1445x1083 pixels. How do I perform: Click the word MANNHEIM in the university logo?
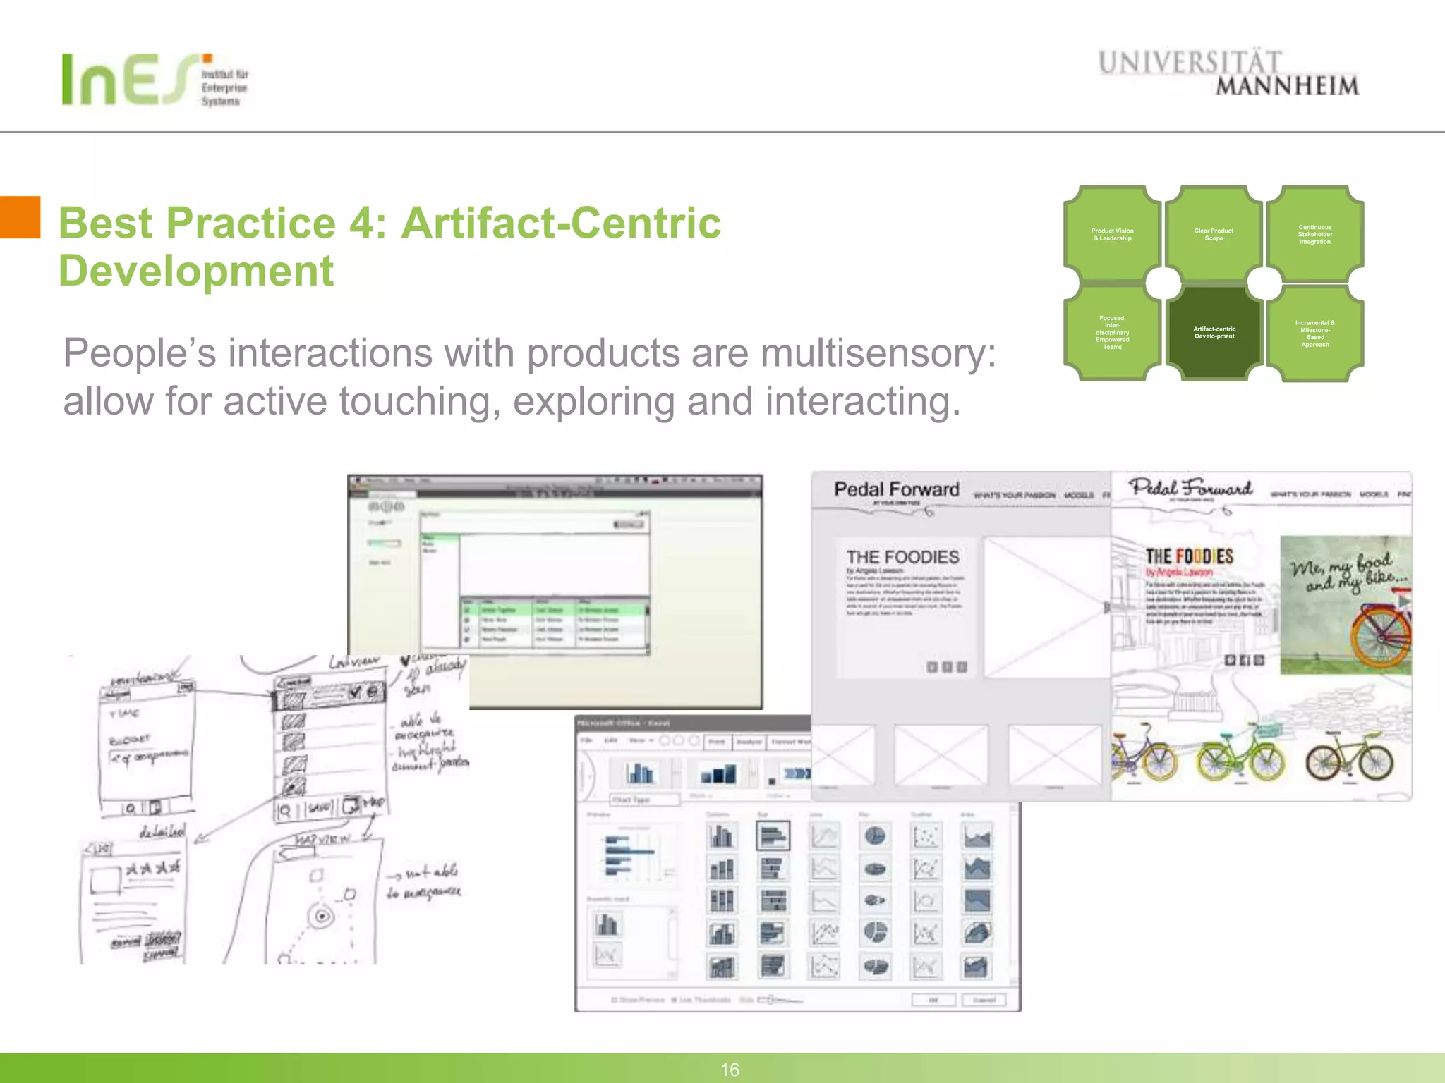1287,87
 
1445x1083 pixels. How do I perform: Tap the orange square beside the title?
20,217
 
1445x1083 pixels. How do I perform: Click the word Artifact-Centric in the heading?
561,224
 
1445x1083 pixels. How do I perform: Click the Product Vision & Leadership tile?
1112,235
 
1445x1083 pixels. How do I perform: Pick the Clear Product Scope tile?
1214,235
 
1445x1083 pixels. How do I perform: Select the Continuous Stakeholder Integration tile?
1314,235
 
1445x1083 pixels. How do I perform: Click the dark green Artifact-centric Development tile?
1214,333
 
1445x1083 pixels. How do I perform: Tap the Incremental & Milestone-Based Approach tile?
1314,334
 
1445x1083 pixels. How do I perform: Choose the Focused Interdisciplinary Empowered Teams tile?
1112,333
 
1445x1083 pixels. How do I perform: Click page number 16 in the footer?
730,1070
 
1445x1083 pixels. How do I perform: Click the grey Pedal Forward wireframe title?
896,489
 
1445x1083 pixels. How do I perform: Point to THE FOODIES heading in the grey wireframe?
902,557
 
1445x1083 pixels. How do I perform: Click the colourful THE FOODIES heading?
1189,556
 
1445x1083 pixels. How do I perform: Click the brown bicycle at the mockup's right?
1349,758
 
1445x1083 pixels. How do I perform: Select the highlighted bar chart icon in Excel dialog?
773,836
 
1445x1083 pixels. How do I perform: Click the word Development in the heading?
195,271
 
